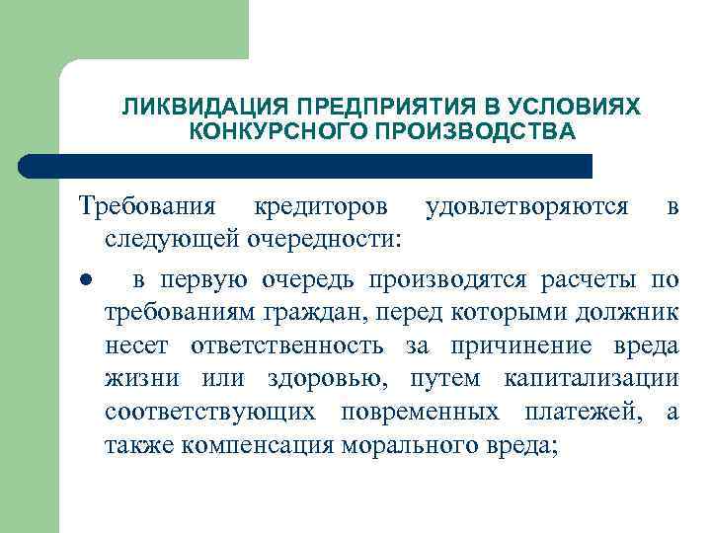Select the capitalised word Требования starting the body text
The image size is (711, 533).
pyautogui.click(x=146, y=206)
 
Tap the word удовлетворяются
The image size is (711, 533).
pyautogui.click(x=525, y=206)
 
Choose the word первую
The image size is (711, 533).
pyautogui.click(x=202, y=279)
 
